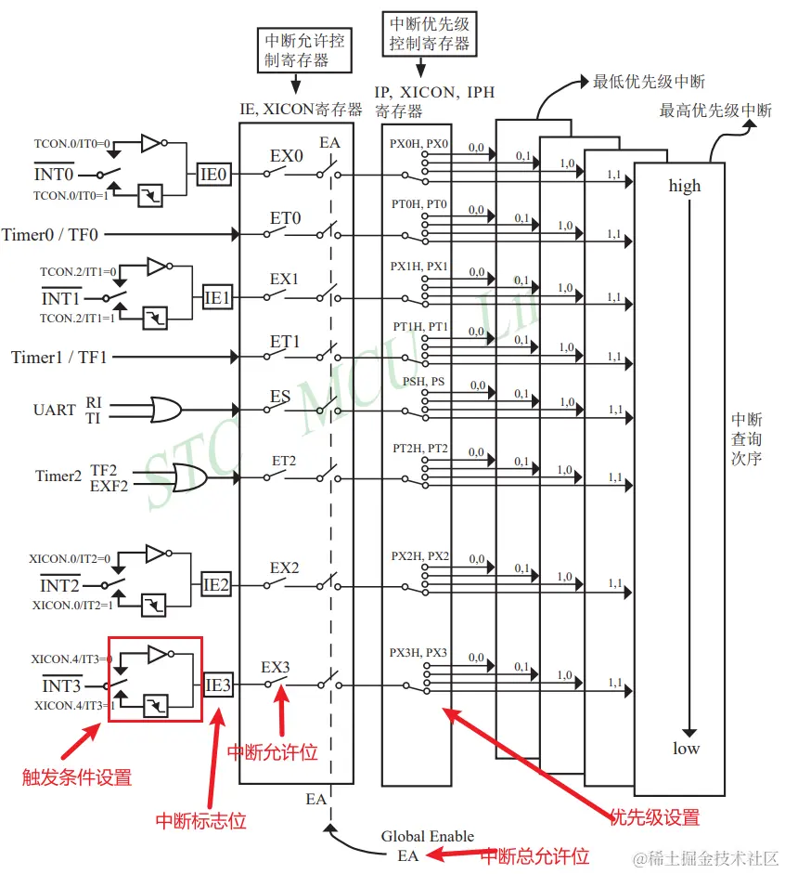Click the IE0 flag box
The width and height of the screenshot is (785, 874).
click(214, 174)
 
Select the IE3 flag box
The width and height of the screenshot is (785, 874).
click(217, 685)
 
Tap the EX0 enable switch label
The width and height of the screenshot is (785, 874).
click(286, 156)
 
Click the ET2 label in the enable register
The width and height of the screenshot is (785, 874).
click(283, 461)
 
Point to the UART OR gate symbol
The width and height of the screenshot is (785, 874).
click(166, 409)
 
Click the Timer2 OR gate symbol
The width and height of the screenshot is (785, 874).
click(190, 476)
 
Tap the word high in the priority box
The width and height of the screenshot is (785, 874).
click(685, 186)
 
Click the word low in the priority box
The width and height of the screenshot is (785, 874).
click(687, 749)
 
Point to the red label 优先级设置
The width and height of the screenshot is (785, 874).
click(655, 817)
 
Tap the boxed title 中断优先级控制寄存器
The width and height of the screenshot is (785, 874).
click(429, 33)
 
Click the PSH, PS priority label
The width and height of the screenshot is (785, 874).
click(423, 382)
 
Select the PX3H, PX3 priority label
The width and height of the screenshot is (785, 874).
click(418, 653)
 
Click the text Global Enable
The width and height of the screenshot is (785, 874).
click(427, 836)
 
